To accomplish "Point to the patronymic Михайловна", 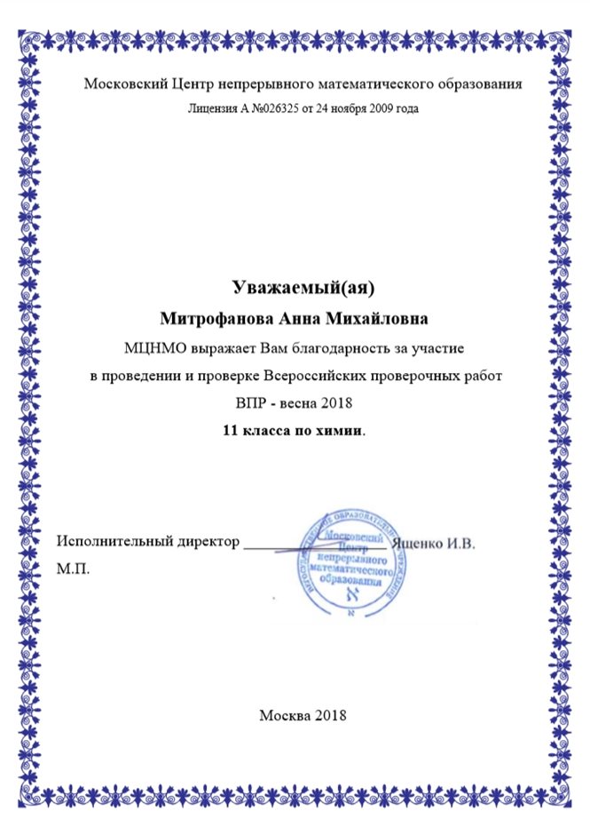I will (363, 317).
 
